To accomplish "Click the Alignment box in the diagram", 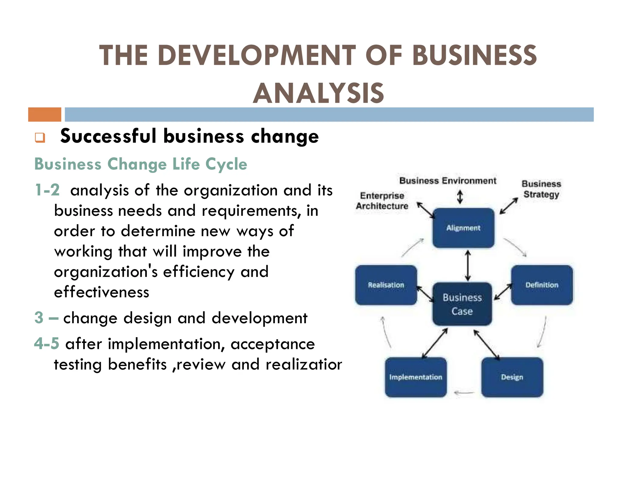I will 463,228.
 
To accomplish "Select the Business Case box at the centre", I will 462,304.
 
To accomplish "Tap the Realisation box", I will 386,285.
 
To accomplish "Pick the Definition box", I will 542,285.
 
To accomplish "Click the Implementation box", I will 415,377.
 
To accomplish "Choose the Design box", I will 512,377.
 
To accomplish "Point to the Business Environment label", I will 448,181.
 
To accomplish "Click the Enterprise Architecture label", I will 382,201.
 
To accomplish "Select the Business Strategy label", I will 541,189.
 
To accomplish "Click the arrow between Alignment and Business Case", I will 468,265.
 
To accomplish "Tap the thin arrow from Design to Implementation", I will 464,393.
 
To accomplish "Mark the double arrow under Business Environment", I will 460,197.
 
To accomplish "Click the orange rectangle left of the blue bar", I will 45,114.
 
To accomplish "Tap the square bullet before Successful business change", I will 40,137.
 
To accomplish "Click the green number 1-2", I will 47,190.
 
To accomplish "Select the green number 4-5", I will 46,344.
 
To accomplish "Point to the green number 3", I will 39,318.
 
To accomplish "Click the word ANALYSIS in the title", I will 319,93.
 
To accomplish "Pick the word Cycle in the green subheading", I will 226,164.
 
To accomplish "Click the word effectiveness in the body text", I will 101,292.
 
